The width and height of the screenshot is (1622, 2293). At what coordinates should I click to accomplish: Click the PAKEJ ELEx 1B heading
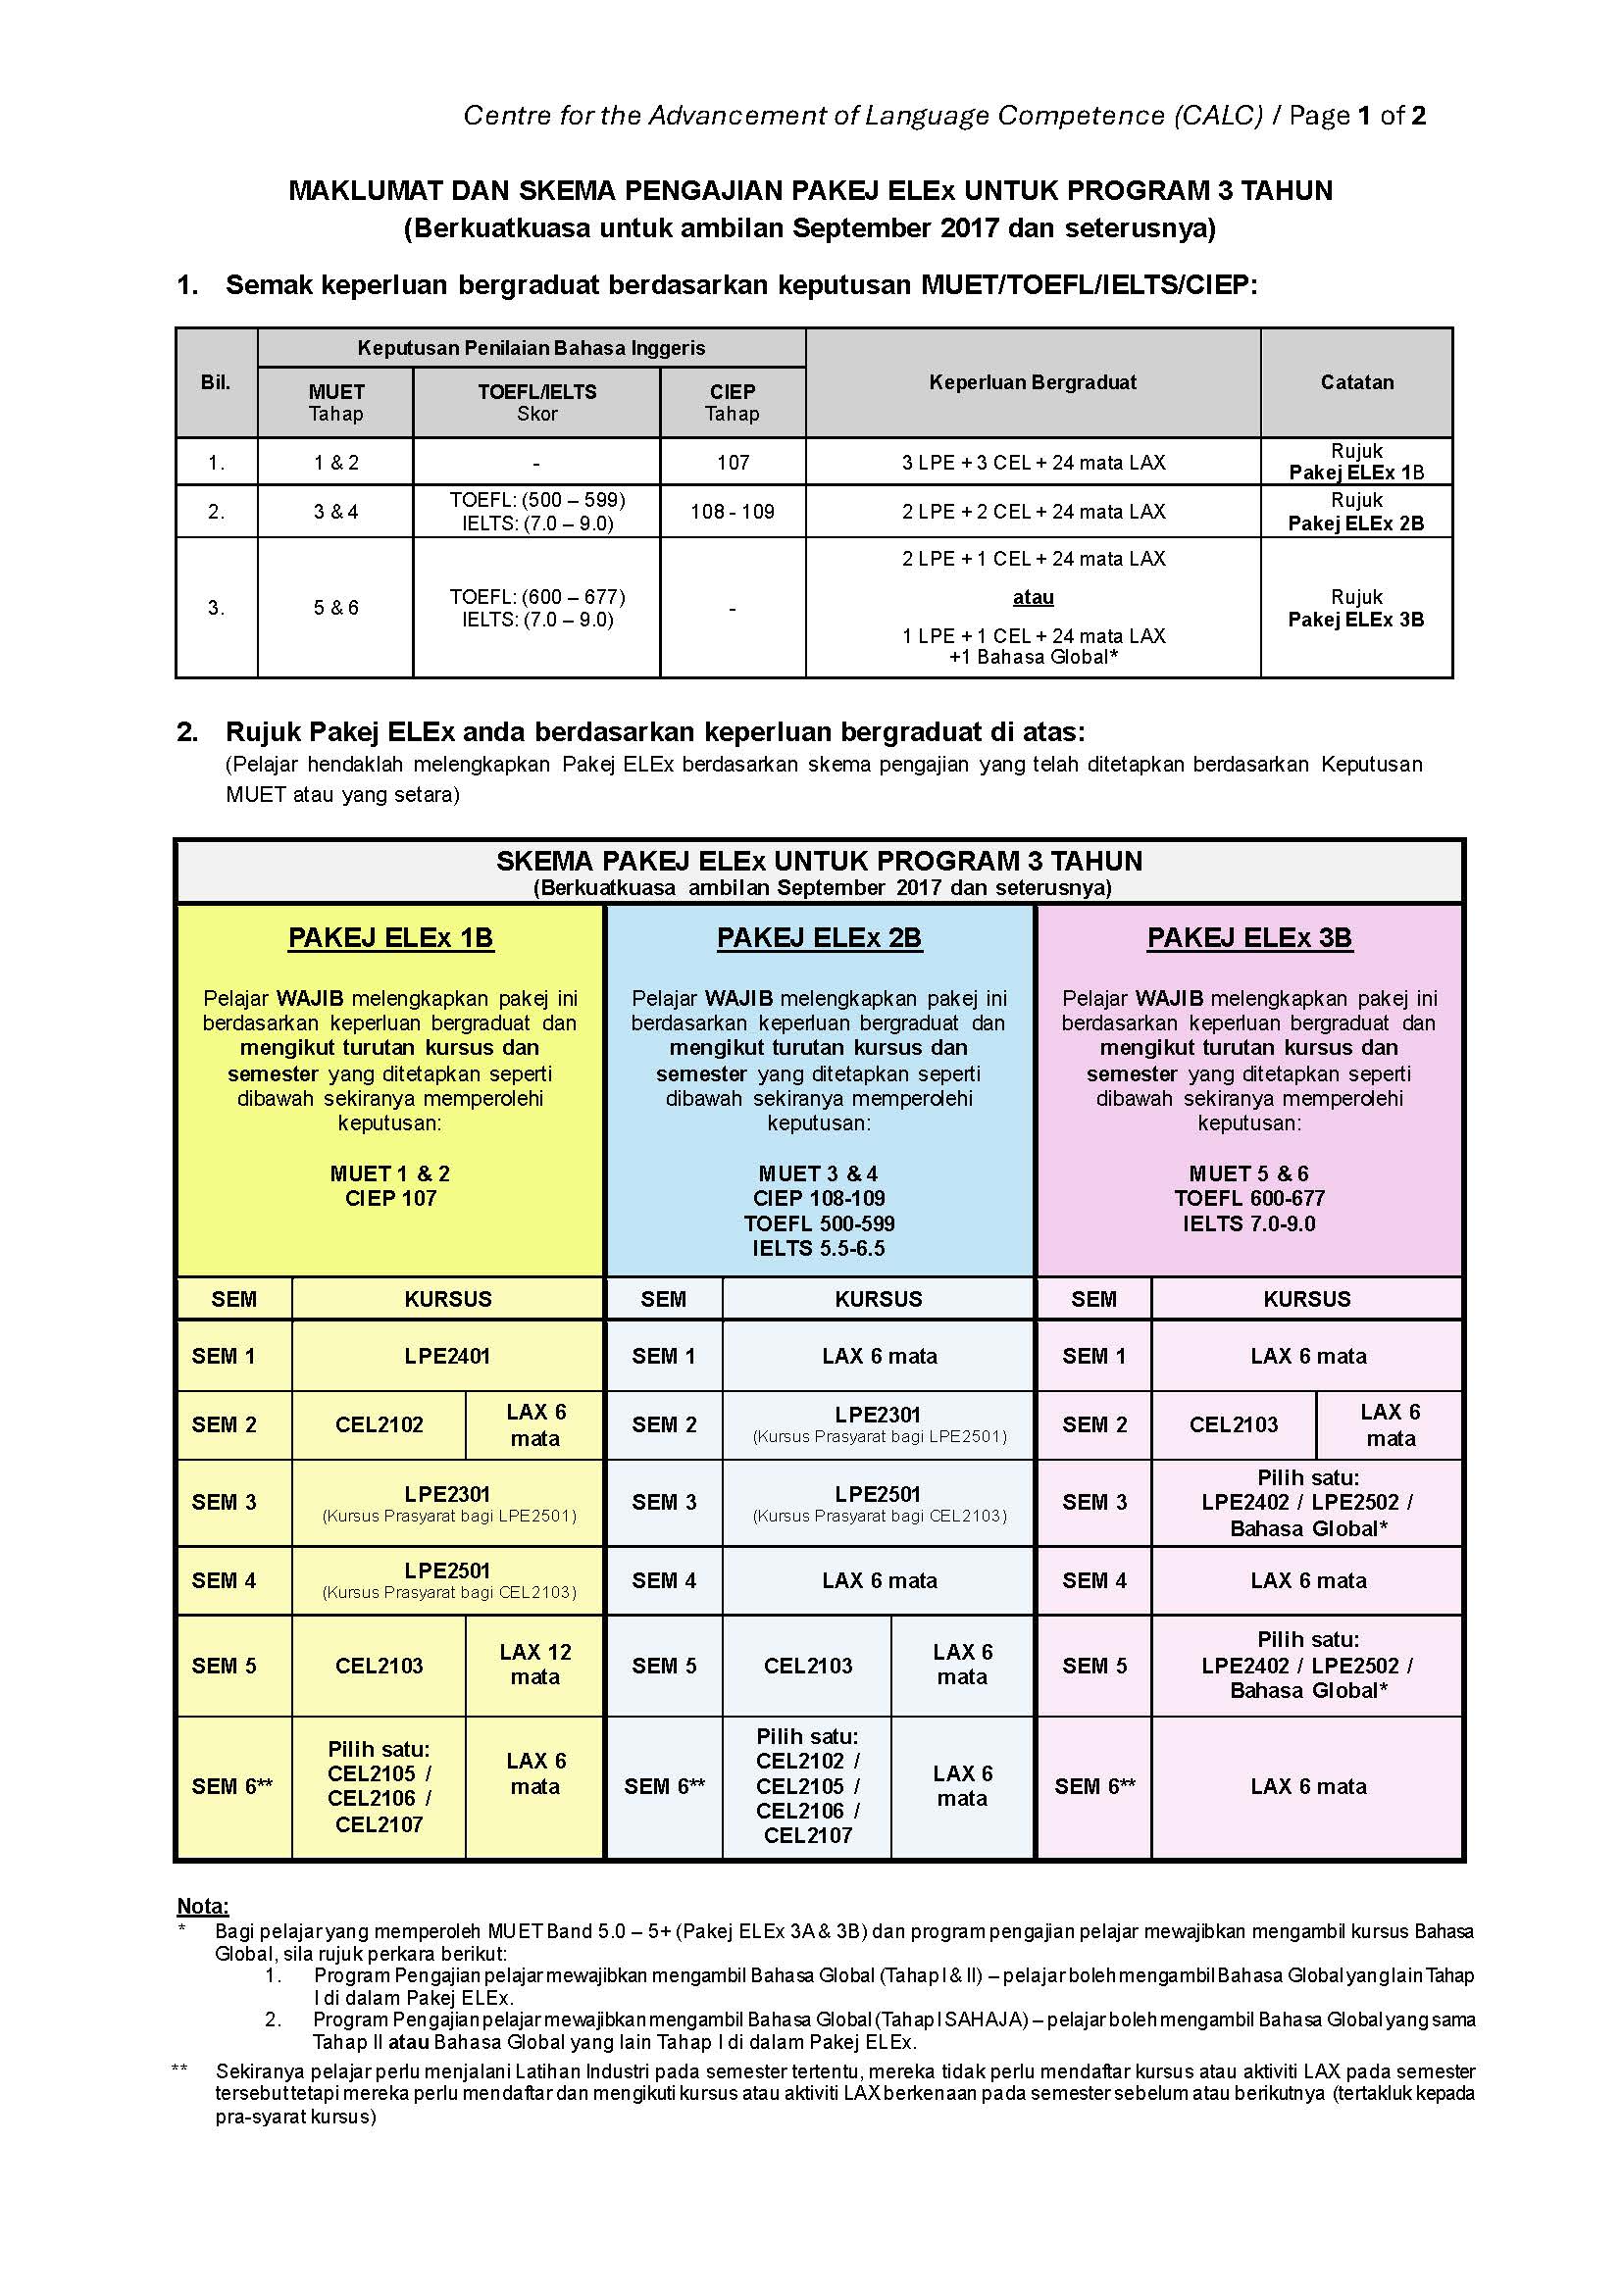[390, 938]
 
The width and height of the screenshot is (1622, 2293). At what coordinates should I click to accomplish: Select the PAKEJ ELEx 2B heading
[819, 938]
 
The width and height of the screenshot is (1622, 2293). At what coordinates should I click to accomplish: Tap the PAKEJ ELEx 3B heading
[1249, 938]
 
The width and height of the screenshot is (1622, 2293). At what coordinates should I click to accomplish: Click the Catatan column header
[1356, 381]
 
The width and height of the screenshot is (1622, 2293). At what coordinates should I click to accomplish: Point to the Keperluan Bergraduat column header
[1033, 381]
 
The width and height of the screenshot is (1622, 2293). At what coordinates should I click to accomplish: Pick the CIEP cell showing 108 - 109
[733, 512]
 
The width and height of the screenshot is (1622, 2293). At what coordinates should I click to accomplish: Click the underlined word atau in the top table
[1033, 597]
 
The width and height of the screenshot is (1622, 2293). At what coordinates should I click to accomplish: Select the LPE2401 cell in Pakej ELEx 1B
[447, 1355]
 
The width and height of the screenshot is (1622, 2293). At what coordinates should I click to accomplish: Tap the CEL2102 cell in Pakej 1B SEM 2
[379, 1424]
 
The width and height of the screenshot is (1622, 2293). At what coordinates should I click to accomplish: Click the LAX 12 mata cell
[535, 1664]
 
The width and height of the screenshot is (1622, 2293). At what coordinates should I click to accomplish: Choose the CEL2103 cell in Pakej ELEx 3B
[1234, 1424]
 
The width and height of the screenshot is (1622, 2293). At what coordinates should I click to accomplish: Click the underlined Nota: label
[203, 1906]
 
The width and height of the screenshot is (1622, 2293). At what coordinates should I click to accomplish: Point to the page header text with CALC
[943, 116]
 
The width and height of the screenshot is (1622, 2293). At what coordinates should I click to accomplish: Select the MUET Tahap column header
[335, 403]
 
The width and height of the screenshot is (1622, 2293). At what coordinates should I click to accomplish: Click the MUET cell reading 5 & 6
[335, 607]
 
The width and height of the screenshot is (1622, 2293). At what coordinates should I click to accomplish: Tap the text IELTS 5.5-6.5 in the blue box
[819, 1247]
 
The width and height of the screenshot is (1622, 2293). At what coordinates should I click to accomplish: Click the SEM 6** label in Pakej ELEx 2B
[664, 1785]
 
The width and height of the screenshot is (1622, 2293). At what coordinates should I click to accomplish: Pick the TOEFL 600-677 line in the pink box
[1249, 1197]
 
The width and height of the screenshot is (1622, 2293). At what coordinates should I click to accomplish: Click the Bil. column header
[216, 381]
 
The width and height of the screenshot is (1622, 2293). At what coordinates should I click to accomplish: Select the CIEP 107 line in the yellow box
[390, 1197]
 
